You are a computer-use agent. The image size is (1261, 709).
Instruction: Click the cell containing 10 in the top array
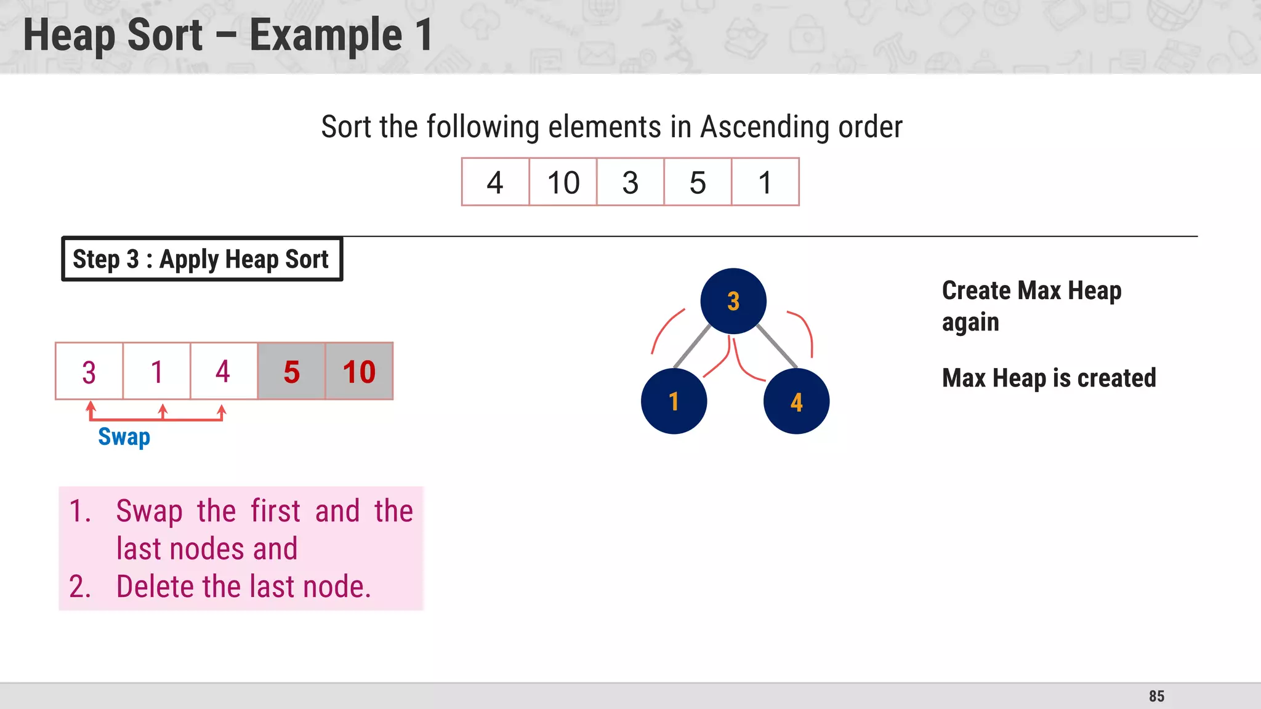pyautogui.click(x=563, y=182)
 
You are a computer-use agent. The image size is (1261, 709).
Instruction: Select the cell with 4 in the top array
pyautogui.click(x=495, y=182)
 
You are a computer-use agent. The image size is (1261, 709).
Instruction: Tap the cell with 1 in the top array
pyautogui.click(x=765, y=182)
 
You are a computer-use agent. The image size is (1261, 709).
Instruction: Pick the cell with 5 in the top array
pyautogui.click(x=698, y=182)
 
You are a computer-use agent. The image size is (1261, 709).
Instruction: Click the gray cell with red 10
pyautogui.click(x=359, y=372)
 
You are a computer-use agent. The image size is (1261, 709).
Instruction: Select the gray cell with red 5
pyautogui.click(x=291, y=372)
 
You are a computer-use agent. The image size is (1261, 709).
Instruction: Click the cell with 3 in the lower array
pyautogui.click(x=89, y=372)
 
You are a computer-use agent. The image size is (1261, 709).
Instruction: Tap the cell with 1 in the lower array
pyautogui.click(x=156, y=372)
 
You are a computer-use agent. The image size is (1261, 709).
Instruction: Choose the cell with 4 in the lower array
pyautogui.click(x=224, y=372)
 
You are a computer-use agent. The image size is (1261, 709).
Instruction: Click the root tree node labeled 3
pyautogui.click(x=733, y=301)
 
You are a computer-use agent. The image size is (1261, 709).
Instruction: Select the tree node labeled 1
pyautogui.click(x=674, y=401)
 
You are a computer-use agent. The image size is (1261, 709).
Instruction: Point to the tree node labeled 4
pyautogui.click(x=796, y=401)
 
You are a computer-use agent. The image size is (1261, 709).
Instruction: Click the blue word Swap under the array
pyautogui.click(x=124, y=437)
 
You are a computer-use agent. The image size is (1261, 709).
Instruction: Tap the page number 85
pyautogui.click(x=1156, y=696)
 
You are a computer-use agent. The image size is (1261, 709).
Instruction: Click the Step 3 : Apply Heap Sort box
pyautogui.click(x=201, y=259)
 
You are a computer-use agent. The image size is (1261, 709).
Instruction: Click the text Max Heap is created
pyautogui.click(x=1049, y=378)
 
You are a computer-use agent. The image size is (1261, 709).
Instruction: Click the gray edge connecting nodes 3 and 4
pyautogui.click(x=777, y=346)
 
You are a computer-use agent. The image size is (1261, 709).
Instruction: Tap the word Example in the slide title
pyautogui.click(x=326, y=35)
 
